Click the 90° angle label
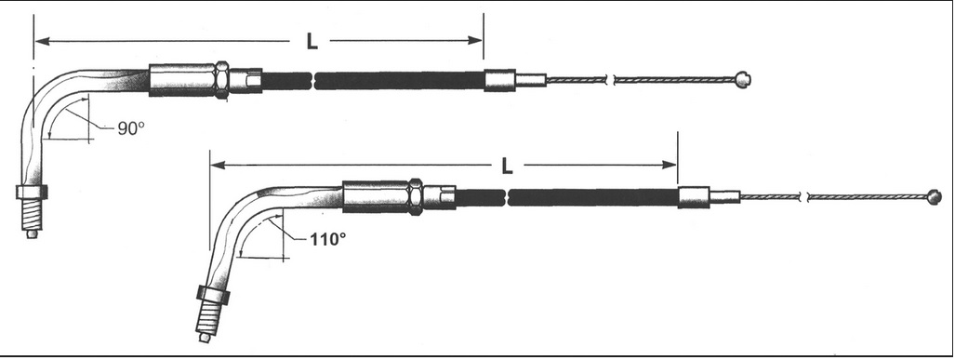[131, 128]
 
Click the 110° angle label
[327, 239]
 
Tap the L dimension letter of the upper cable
[312, 42]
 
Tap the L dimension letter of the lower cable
[507, 166]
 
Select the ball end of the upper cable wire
[742, 78]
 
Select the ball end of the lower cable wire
[933, 197]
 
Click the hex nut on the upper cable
[221, 80]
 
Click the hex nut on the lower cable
[416, 197]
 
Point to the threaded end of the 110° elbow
[207, 321]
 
